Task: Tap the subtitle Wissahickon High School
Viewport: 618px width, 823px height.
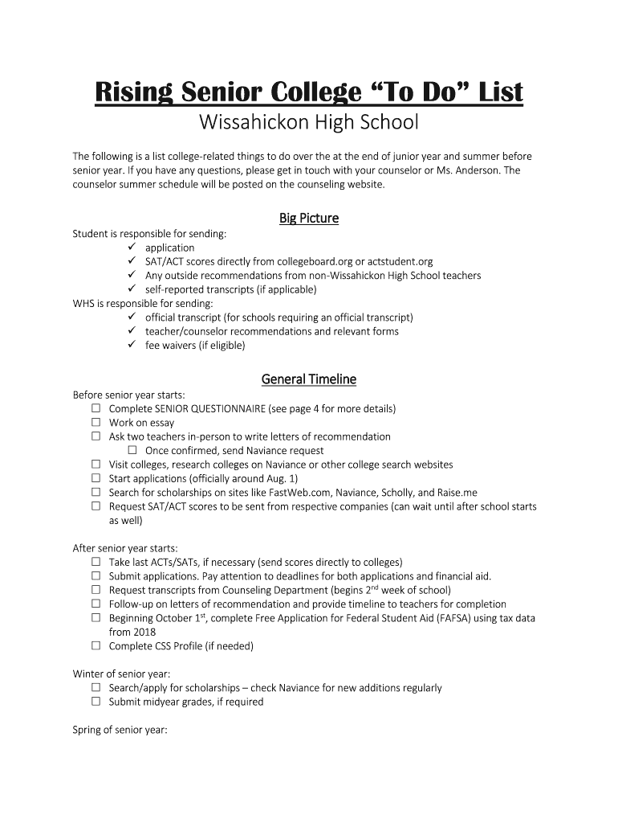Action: pos(309,124)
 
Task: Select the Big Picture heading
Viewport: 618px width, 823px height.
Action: pos(309,219)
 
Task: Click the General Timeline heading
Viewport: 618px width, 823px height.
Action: pos(309,379)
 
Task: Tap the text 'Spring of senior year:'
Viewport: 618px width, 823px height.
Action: pos(120,730)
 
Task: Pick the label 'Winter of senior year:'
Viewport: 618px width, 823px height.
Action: pos(121,674)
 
